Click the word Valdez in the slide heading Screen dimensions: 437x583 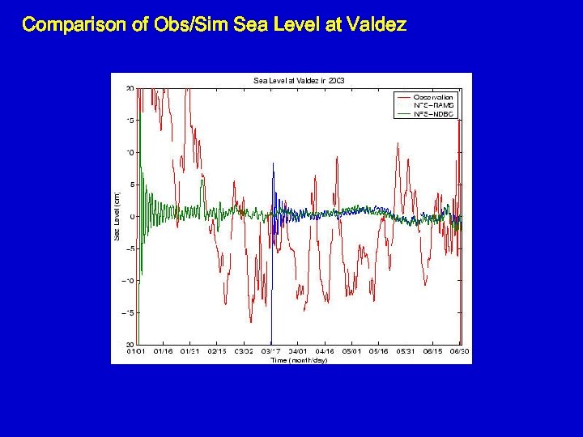[x=375, y=24]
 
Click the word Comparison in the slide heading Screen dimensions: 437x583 [x=74, y=24]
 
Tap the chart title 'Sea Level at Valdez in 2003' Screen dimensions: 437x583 [x=300, y=80]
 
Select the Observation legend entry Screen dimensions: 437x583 [x=433, y=97]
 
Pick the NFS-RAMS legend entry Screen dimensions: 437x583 [x=434, y=105]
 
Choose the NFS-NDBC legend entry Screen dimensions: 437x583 [x=434, y=114]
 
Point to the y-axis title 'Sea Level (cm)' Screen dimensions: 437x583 [x=117, y=215]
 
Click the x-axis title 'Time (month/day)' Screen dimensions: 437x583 [x=299, y=359]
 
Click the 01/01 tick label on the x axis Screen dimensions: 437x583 [x=136, y=351]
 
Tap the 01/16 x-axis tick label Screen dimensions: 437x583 [x=164, y=351]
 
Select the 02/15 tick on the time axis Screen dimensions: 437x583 [x=217, y=351]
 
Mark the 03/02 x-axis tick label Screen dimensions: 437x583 [x=244, y=351]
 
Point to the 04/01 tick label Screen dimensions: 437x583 [x=298, y=351]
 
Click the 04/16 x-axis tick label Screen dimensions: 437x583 [x=325, y=351]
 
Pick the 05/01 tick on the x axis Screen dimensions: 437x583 [x=352, y=351]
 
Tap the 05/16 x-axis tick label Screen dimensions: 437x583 [x=379, y=351]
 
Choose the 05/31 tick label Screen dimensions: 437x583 [x=406, y=351]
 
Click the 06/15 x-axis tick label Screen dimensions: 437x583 [x=433, y=351]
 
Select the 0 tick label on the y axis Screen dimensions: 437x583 [x=132, y=216]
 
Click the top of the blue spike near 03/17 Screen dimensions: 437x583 [x=273, y=163]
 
